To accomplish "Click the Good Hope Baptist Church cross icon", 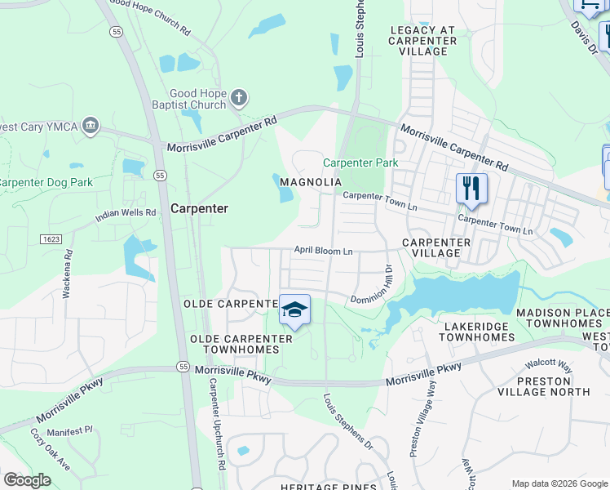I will click(x=239, y=99).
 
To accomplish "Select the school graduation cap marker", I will click(x=294, y=310).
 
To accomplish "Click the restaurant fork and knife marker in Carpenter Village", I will click(x=471, y=188).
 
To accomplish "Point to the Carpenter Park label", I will click(x=360, y=163).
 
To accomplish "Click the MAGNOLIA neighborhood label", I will click(x=310, y=182).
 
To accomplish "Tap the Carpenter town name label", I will click(x=199, y=208).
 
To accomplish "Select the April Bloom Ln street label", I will click(x=323, y=251).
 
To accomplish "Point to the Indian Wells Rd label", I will click(x=125, y=215).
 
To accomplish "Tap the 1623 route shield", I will click(x=51, y=238).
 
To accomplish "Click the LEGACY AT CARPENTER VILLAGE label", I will click(x=422, y=40).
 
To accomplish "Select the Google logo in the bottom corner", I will click(x=27, y=480).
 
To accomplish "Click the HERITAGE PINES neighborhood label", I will click(x=327, y=487).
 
